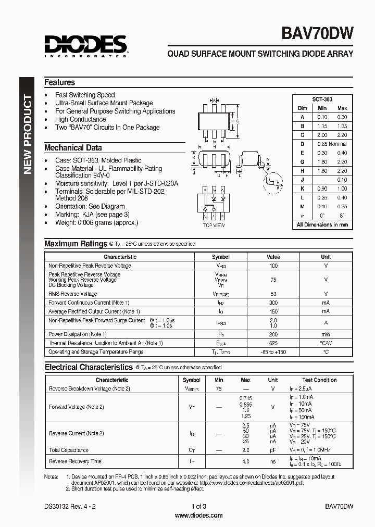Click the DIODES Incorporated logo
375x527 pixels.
coord(85,46)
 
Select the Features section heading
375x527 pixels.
coord(59,82)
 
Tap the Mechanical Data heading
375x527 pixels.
coord(73,147)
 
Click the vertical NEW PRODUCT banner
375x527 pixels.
coord(28,136)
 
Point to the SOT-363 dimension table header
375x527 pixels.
coord(322,99)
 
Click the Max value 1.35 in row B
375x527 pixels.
coord(342,126)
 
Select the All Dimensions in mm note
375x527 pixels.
coord(322,225)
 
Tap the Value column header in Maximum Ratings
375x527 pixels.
coord(273,257)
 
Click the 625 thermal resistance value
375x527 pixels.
coord(273,343)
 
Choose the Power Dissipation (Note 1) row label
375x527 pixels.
coord(78,334)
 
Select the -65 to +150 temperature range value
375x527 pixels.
coord(273,352)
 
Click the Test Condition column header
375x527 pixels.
coord(319,380)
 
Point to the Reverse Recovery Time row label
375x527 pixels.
coord(75,461)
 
